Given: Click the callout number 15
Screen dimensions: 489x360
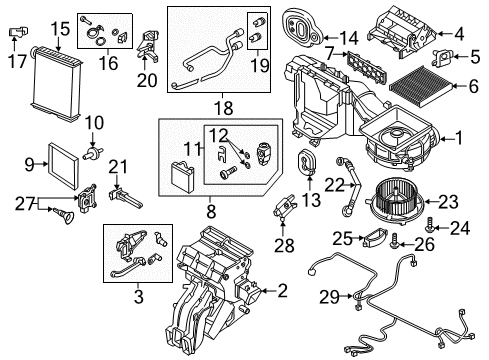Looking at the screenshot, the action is [x=60, y=29].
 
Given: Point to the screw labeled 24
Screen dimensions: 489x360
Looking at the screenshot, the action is [x=430, y=225].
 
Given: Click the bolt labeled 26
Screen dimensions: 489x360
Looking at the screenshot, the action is [x=394, y=242].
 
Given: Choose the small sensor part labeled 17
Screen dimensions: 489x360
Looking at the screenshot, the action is [x=17, y=31].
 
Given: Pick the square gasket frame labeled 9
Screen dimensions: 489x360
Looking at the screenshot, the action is [x=64, y=166].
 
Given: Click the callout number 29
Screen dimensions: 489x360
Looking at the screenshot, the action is [x=330, y=297].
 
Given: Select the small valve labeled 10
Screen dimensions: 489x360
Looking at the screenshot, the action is [x=93, y=152].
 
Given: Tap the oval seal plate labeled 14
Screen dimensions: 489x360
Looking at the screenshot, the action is [x=302, y=28].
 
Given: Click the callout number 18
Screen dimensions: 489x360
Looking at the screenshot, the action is [x=224, y=108].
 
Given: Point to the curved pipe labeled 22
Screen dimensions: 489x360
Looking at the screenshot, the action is [x=348, y=187].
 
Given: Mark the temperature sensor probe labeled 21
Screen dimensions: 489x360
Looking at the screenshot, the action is [x=125, y=198].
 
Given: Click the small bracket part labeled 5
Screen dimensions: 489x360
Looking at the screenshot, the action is [x=443, y=57].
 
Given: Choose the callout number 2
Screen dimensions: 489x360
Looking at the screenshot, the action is [x=282, y=291].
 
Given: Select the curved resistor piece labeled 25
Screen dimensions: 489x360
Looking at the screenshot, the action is [x=375, y=237].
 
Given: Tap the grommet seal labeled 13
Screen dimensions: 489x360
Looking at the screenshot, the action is [x=307, y=163].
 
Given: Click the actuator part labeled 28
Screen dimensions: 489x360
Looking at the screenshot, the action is [x=285, y=206].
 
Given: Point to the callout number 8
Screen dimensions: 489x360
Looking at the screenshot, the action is [x=211, y=211].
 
